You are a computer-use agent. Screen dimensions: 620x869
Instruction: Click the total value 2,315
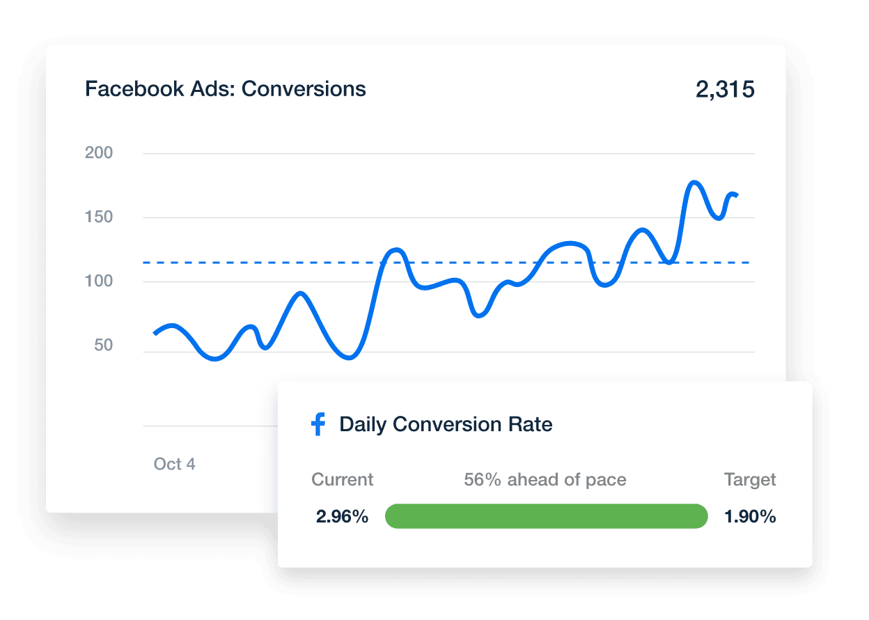(725, 90)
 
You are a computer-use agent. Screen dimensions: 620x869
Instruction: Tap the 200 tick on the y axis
(99, 153)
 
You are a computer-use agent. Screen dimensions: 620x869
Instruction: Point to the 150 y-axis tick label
(99, 217)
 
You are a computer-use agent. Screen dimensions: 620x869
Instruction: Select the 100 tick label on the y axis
(99, 281)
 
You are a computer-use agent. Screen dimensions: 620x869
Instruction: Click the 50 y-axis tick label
(104, 346)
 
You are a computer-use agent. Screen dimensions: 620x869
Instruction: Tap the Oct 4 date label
(174, 464)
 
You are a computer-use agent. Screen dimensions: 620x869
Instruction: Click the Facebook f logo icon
(318, 424)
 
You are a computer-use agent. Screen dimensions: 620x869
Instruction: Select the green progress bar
(546, 516)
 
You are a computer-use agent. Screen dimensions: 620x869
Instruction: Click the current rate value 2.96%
(342, 517)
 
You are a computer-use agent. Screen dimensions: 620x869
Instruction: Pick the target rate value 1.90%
(750, 517)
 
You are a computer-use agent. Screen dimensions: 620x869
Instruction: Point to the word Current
(342, 480)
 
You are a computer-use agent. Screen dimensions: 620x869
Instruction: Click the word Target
(750, 480)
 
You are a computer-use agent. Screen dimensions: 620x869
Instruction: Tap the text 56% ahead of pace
(545, 480)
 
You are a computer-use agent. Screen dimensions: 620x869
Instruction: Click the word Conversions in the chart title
(304, 89)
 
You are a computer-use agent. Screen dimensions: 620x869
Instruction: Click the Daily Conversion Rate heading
(446, 424)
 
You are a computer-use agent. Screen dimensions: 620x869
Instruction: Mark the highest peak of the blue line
(694, 183)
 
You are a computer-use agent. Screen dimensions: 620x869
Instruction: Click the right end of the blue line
(737, 195)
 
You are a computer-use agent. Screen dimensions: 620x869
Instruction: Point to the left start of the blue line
(155, 334)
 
